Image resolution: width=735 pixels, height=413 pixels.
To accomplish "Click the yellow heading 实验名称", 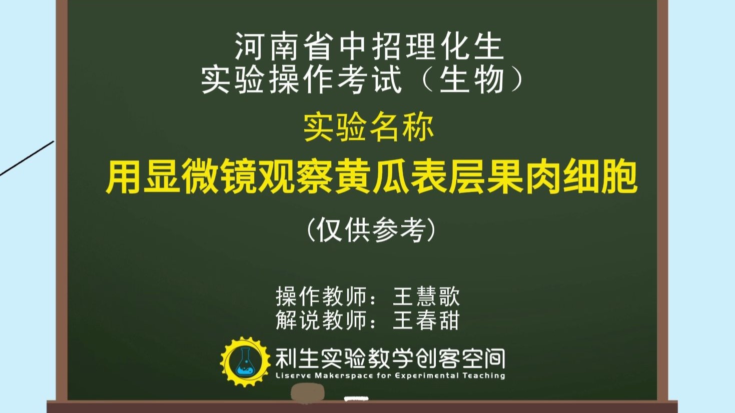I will pyautogui.click(x=368, y=128).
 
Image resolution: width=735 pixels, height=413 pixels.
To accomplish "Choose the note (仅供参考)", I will pyautogui.click(x=370, y=230).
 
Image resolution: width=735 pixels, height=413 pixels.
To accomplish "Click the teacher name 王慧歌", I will pyautogui.click(x=426, y=296).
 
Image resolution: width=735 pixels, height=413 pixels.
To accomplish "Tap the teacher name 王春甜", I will pyautogui.click(x=426, y=320).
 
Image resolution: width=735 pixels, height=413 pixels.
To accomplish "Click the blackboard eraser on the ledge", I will pyautogui.click(x=307, y=392).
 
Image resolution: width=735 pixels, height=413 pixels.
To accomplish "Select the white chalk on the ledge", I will pyautogui.click(x=356, y=398).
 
